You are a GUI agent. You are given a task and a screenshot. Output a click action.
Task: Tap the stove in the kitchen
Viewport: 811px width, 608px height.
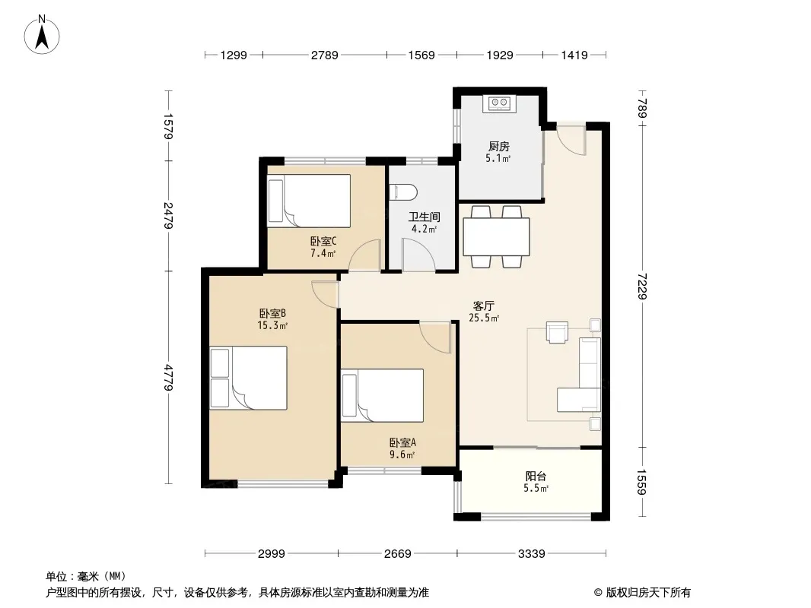pos(499,103)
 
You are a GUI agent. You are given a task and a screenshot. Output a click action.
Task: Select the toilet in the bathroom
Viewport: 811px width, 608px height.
pos(403,193)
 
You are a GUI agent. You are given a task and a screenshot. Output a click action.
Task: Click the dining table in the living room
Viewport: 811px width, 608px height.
pos(496,236)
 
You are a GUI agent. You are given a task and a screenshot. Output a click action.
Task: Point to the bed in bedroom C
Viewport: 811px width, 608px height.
pos(309,201)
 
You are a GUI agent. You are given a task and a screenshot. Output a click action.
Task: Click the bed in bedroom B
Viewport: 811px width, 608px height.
pos(248,378)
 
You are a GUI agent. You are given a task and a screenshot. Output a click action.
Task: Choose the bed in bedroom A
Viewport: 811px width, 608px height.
pos(382,395)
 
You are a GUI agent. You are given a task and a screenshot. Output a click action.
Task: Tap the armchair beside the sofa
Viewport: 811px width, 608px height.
pos(557,332)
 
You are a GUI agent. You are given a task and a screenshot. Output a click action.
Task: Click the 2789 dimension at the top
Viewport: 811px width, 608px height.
pos(324,55)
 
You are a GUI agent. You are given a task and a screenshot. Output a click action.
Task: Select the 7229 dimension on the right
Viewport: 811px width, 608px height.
pos(642,286)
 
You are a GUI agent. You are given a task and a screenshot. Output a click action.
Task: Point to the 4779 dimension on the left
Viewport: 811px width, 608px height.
pos(169,378)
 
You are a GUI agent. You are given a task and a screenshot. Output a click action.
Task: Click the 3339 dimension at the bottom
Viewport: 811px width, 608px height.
pos(531,554)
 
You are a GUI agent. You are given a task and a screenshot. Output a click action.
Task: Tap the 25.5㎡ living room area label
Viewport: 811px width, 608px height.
pos(484,318)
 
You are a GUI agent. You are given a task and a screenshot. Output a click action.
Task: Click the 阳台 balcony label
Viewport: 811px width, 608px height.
pos(536,477)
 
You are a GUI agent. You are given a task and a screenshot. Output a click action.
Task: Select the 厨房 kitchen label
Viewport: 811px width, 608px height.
pos(498,147)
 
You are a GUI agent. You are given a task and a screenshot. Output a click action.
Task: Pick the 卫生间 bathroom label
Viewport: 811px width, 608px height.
pos(424,217)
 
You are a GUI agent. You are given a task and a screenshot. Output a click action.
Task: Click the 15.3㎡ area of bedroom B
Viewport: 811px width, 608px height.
pos(272,325)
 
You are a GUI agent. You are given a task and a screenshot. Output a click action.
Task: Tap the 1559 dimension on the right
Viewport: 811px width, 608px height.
pos(642,481)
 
